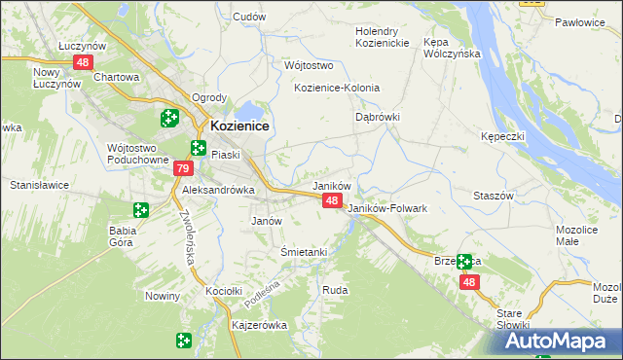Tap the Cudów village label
click(249, 17)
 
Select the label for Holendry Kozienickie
click(385, 37)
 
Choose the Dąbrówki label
click(376, 116)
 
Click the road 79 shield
click(182, 169)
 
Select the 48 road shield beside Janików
click(332, 200)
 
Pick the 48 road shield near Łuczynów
click(82, 62)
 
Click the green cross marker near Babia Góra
click(140, 209)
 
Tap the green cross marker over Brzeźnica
click(464, 261)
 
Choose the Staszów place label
click(493, 196)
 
